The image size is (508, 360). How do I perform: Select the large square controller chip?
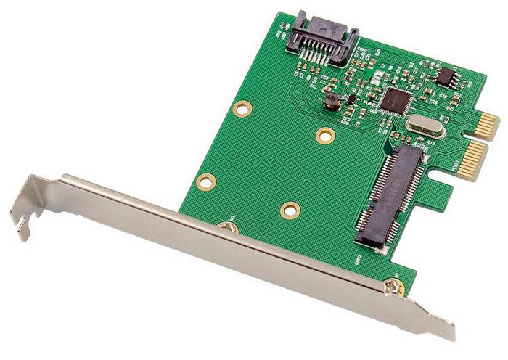(x=396, y=100)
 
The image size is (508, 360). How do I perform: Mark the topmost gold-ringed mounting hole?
(x=240, y=108)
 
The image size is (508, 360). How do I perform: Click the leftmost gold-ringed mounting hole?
(x=207, y=183)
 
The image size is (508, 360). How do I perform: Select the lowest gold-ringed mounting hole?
(x=290, y=210)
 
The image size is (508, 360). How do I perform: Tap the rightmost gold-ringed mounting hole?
(x=325, y=135)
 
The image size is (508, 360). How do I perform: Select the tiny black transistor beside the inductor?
(x=351, y=98)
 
